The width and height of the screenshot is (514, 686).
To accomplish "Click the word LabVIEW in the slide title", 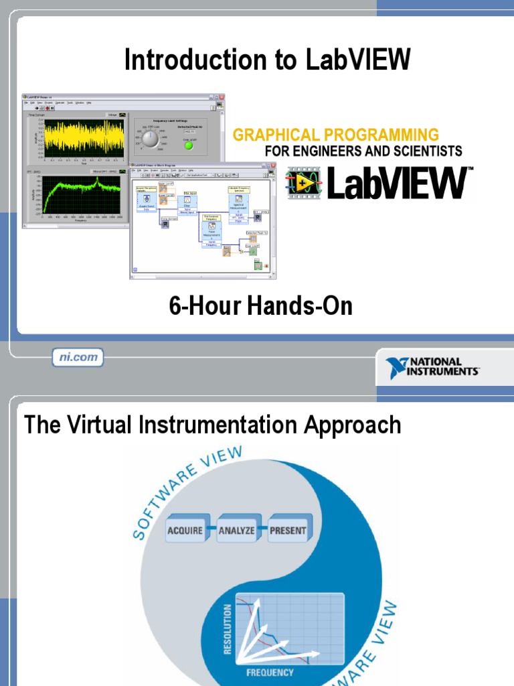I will point(358,60).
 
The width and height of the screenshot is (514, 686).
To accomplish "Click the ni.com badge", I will point(78,358).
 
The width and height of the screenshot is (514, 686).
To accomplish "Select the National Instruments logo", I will point(432,367).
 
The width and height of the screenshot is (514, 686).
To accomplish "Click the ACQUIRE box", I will point(184,531).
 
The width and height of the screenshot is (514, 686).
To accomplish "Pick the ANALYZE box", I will point(236,531).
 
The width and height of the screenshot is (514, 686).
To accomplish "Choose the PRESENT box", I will point(288,531).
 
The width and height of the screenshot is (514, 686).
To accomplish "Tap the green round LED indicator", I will point(189,145).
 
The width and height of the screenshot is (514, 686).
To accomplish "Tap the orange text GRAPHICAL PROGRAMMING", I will point(336,135).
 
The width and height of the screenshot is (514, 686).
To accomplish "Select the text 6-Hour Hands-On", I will point(260,307).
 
